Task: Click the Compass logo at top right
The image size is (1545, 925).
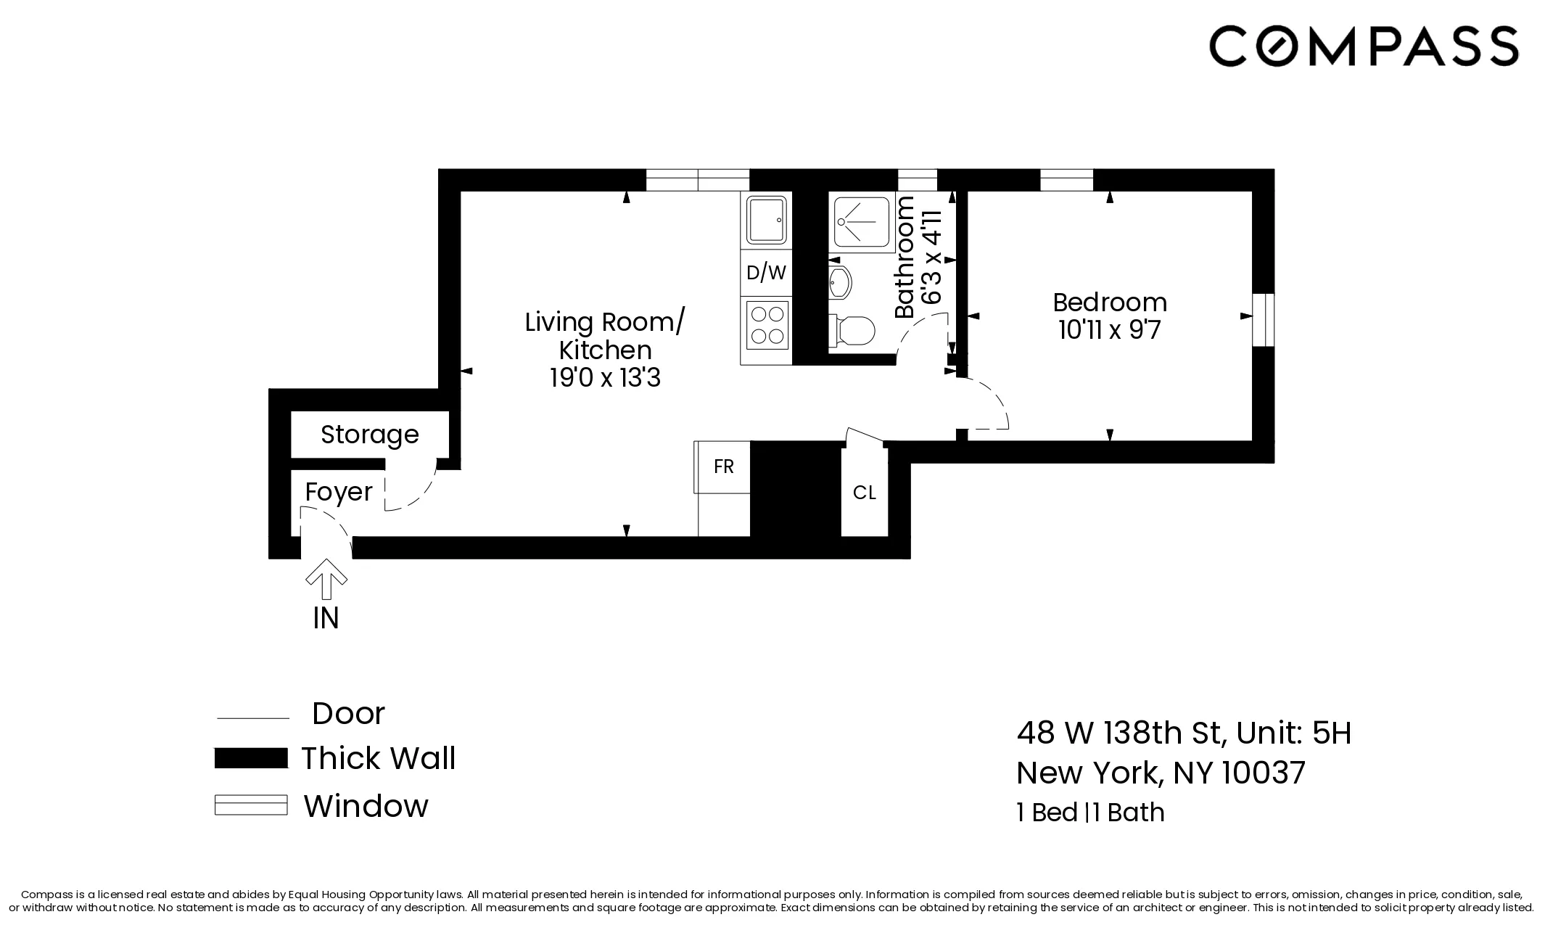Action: [x=1363, y=46]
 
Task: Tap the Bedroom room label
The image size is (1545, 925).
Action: [x=1109, y=302]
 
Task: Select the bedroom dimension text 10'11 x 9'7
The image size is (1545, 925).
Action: [x=1109, y=330]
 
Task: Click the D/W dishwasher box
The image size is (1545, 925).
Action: [x=766, y=273]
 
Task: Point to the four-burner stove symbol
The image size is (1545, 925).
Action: [x=767, y=325]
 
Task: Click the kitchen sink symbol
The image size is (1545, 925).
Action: [x=767, y=219]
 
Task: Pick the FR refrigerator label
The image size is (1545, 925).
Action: [x=723, y=466]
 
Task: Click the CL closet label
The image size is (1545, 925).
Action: [x=864, y=493]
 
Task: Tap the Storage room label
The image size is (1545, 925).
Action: [x=369, y=435]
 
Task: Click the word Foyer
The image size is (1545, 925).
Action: [x=338, y=492]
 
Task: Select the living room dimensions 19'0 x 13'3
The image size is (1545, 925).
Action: [x=605, y=379]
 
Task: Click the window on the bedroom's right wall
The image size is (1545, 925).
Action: [x=1263, y=320]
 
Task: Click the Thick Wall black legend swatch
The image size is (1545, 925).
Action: [x=251, y=758]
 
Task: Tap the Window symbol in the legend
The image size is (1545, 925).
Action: [x=251, y=805]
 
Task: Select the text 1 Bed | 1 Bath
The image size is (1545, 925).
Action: [x=1090, y=813]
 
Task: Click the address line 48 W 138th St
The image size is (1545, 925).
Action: [x=1120, y=733]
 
